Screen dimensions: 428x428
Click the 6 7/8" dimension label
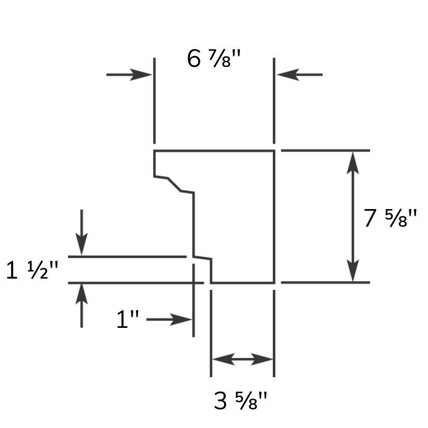[x=214, y=59]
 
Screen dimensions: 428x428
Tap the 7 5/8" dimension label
[x=390, y=218]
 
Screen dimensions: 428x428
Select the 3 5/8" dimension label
[x=240, y=401]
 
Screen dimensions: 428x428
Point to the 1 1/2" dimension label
[x=32, y=270]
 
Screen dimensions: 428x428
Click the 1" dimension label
[x=128, y=319]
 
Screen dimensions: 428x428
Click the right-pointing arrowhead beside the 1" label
[x=181, y=320]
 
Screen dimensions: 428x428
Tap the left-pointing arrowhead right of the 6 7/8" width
[x=288, y=75]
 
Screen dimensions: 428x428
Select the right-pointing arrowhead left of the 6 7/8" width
[x=141, y=75]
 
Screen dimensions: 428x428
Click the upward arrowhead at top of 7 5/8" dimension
[x=353, y=163]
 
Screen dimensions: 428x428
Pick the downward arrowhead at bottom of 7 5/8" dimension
[x=353, y=270]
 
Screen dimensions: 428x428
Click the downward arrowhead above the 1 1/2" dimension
[x=81, y=244]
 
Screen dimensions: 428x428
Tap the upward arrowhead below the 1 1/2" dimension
[x=81, y=295]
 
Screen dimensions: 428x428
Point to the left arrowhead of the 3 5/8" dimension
[x=223, y=359]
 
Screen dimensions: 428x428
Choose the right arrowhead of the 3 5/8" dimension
[x=262, y=359]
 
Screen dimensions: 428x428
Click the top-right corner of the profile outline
[x=274, y=150]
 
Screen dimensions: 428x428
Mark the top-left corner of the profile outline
[x=155, y=150]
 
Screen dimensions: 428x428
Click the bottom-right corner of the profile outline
[x=274, y=283]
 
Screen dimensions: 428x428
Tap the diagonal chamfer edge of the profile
[x=174, y=184]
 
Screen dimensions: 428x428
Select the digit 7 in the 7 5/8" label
[x=370, y=218]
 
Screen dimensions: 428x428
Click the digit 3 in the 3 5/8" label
[x=220, y=401]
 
